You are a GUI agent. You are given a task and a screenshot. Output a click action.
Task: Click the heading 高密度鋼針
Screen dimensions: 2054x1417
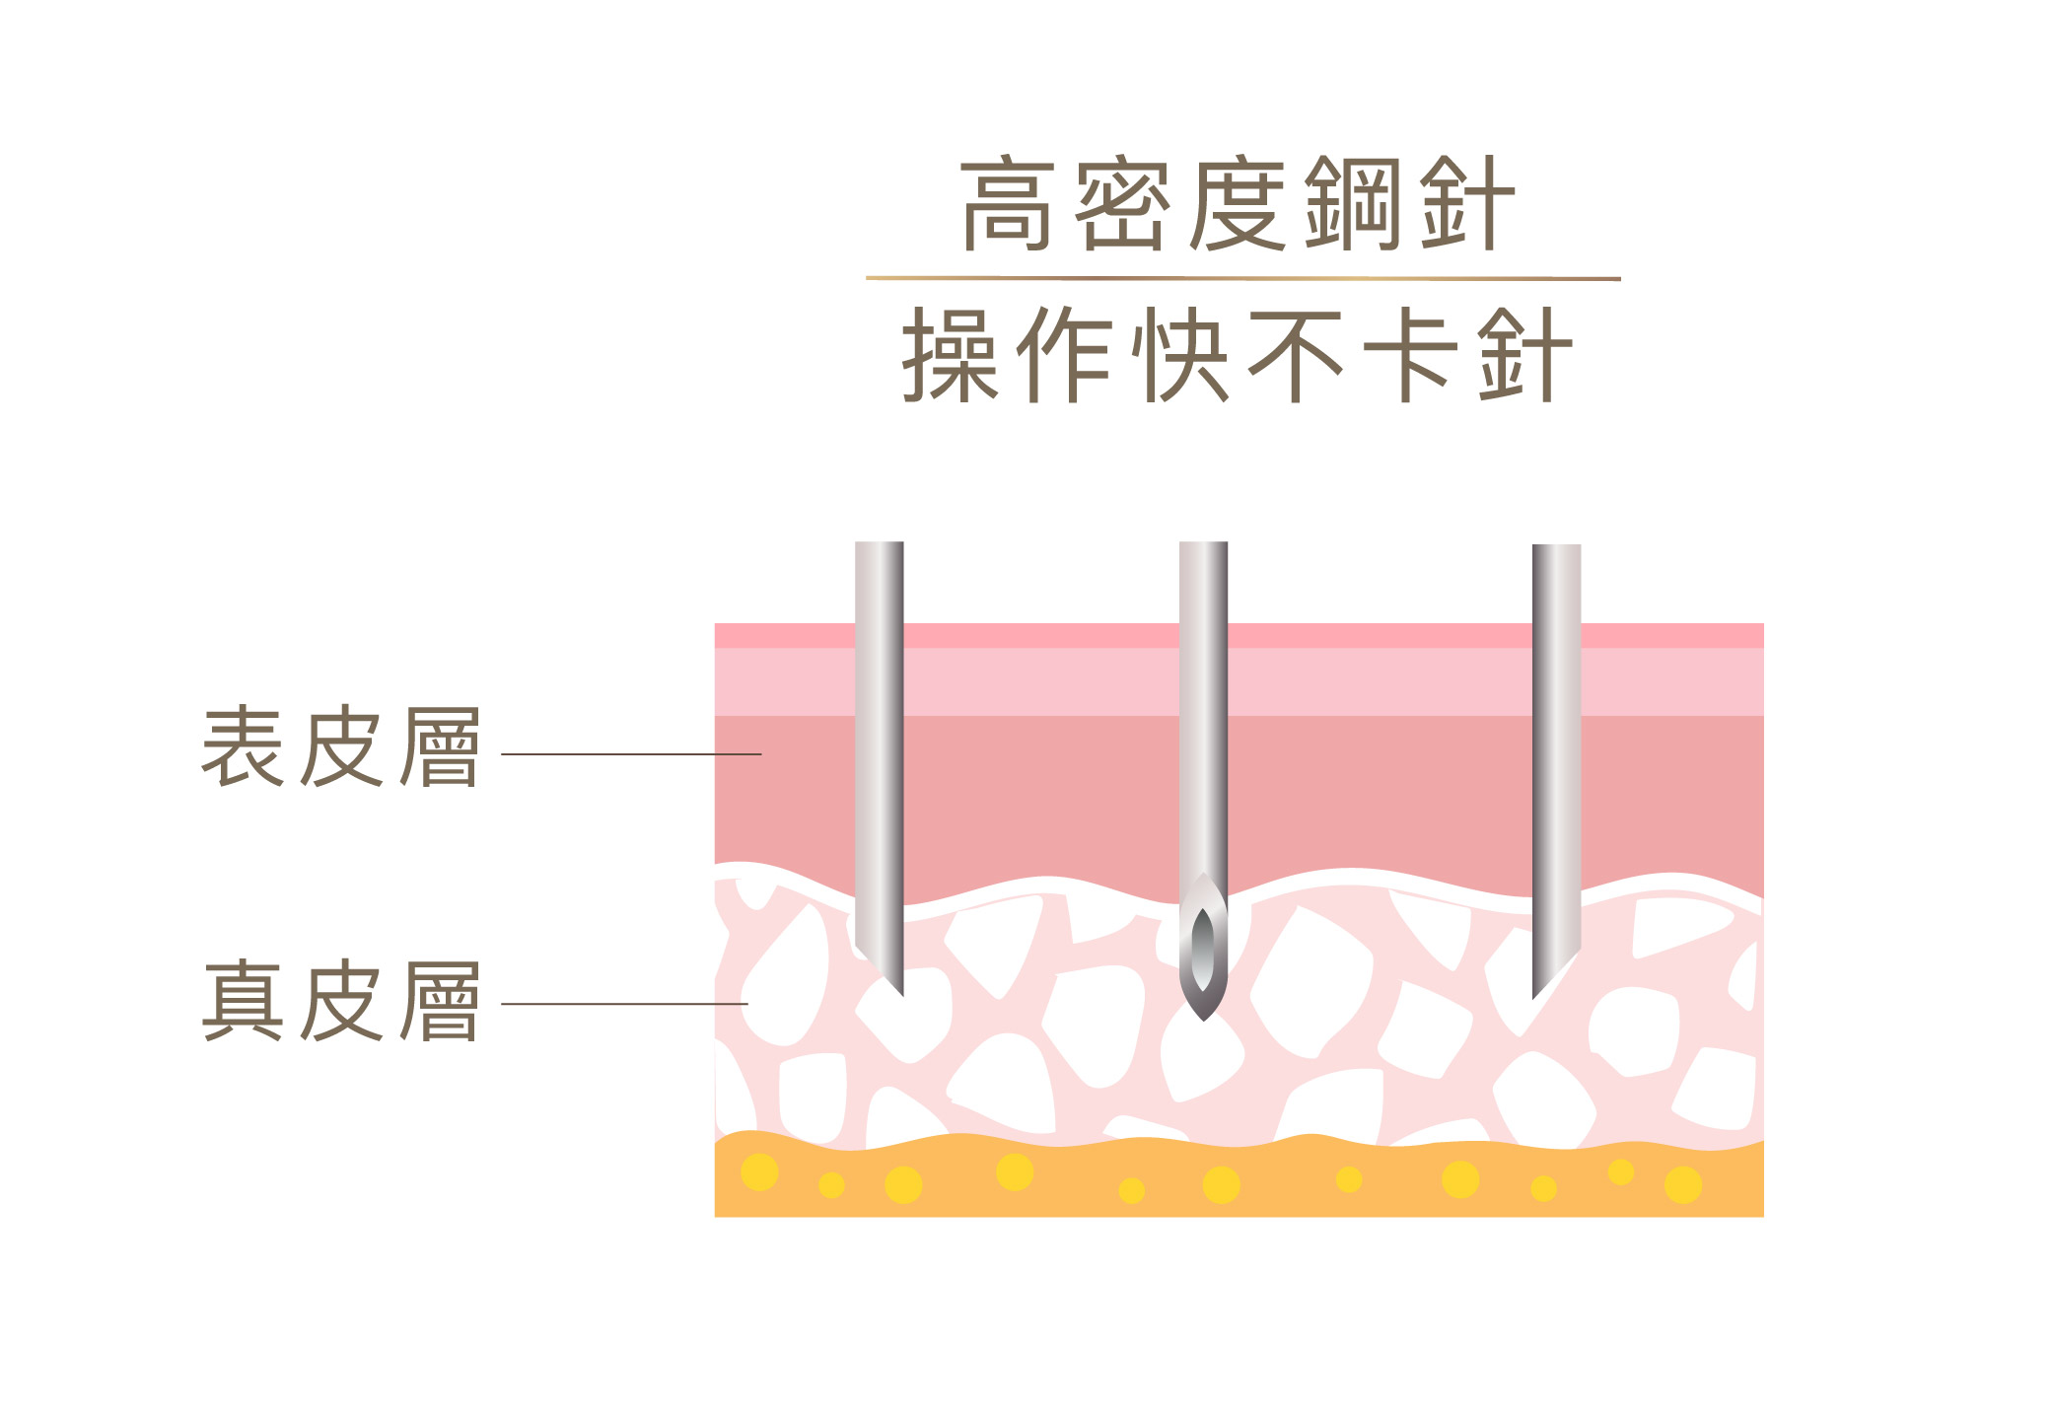[x=1238, y=203]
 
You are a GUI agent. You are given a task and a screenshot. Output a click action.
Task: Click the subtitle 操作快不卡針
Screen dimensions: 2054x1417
[x=1238, y=355]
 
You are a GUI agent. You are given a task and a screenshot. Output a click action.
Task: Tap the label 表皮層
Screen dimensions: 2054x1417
[x=341, y=746]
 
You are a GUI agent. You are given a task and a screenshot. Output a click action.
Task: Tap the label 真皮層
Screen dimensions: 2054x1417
[x=341, y=1001]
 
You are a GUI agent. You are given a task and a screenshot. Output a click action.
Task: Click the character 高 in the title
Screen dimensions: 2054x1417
[x=1008, y=203]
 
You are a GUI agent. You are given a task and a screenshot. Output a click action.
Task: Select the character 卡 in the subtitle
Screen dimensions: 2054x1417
[x=1409, y=355]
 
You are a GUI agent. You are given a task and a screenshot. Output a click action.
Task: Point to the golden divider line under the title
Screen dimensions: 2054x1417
[x=1243, y=279]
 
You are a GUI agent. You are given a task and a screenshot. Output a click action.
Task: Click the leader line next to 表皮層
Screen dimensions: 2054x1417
[x=631, y=754]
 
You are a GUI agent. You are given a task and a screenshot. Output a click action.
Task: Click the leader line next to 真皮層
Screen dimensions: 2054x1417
[x=624, y=1004]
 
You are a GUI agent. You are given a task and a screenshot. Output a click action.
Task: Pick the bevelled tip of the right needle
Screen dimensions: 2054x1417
[x=1533, y=998]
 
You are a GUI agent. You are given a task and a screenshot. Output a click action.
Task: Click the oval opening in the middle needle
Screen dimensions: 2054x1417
[x=1203, y=949]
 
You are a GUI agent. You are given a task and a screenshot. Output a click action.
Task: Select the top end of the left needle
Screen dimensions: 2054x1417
[x=879, y=542]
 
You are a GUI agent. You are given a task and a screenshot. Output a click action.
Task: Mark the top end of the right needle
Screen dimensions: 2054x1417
[x=1556, y=545]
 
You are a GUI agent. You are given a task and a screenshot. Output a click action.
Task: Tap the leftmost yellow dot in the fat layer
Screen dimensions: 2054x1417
[x=759, y=1172]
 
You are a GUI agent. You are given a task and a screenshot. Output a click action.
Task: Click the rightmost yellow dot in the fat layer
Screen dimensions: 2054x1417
[x=1683, y=1184]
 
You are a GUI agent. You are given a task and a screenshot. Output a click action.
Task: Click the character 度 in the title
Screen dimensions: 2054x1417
[x=1238, y=203]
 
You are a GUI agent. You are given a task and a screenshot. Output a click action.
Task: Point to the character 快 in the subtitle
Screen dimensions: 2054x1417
[x=1180, y=355]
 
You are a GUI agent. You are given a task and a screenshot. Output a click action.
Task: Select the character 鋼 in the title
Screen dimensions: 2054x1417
[x=1352, y=203]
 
